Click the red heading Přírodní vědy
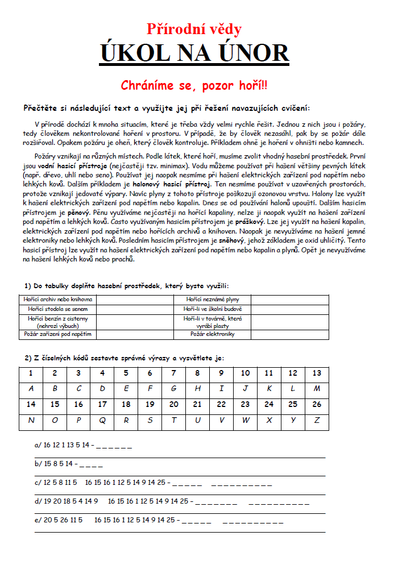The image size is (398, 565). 194,30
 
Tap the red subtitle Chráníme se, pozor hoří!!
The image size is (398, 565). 194,85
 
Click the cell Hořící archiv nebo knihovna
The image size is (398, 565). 57,299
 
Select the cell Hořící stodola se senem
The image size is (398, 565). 57,308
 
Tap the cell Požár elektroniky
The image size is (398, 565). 212,334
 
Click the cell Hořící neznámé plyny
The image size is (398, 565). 212,299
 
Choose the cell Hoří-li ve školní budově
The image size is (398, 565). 212,308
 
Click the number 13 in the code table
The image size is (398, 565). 317,373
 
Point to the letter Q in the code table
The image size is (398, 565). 102,421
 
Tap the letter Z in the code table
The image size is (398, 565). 317,421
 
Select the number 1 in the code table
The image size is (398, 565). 31,373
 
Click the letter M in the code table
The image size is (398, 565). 317,389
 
